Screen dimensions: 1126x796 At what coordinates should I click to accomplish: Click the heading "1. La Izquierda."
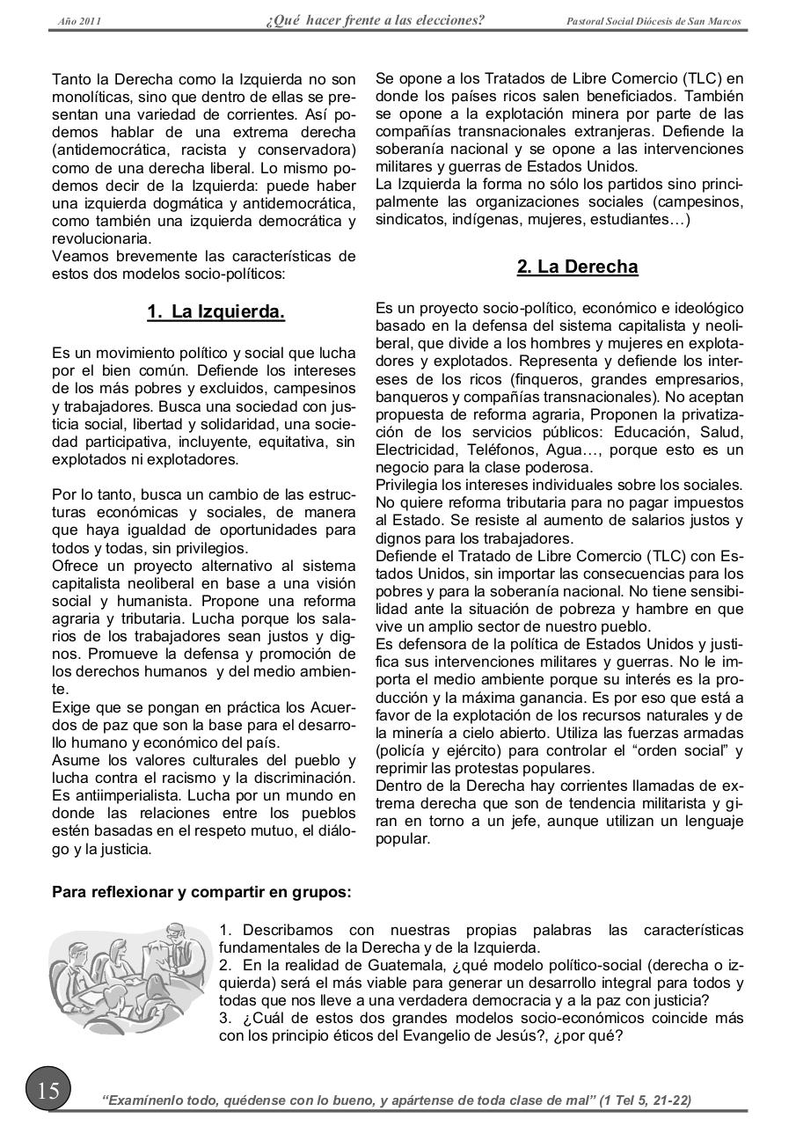[215, 311]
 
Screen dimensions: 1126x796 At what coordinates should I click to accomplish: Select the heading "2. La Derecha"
[577, 267]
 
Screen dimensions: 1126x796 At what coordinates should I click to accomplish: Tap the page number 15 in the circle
[47, 1091]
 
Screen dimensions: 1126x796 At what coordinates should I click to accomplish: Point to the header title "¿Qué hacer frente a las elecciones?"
[375, 20]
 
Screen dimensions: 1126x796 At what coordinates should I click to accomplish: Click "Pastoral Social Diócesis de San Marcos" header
[654, 21]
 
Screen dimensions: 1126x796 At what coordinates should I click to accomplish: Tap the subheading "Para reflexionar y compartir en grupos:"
[201, 892]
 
